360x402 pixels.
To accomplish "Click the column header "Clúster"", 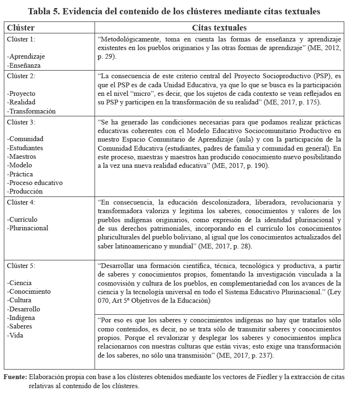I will tap(21, 28).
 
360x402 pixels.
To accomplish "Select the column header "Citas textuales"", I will tap(219, 28).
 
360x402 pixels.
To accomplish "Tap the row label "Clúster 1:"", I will tap(21, 39).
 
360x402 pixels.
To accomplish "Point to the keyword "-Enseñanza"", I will tap(24, 65).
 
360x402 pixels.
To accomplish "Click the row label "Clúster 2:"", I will tap(21, 76).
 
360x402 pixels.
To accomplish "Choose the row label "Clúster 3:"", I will tap(21, 122).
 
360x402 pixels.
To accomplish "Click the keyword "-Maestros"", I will tap(22, 157).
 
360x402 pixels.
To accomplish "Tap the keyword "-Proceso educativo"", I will tap(35, 183).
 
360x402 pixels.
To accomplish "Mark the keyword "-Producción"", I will tap(25, 191).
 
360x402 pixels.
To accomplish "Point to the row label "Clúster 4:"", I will tap(21, 202).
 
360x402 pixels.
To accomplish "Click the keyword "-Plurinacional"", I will tap(28, 228).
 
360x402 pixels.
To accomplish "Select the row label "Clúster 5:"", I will tap(21, 266).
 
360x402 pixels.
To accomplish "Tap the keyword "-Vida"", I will tap(16, 335).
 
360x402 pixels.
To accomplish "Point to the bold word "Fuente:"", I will tap(15, 377).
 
